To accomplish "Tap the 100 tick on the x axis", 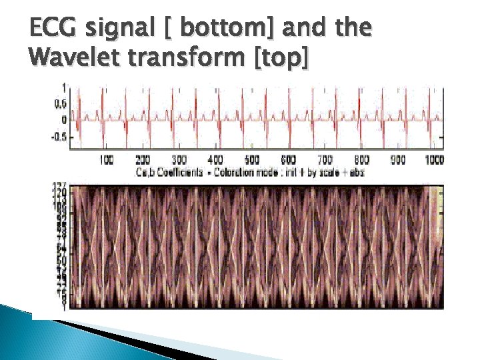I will (x=106, y=160).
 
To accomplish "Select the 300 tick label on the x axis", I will (x=179, y=160).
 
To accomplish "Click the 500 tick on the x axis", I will (x=252, y=160).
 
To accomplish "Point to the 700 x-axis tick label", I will (x=325, y=160).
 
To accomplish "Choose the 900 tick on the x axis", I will (x=397, y=160).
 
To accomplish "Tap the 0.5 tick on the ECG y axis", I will (x=59, y=104).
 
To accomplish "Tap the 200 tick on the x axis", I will (x=143, y=160).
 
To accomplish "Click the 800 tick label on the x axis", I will (x=361, y=160).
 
